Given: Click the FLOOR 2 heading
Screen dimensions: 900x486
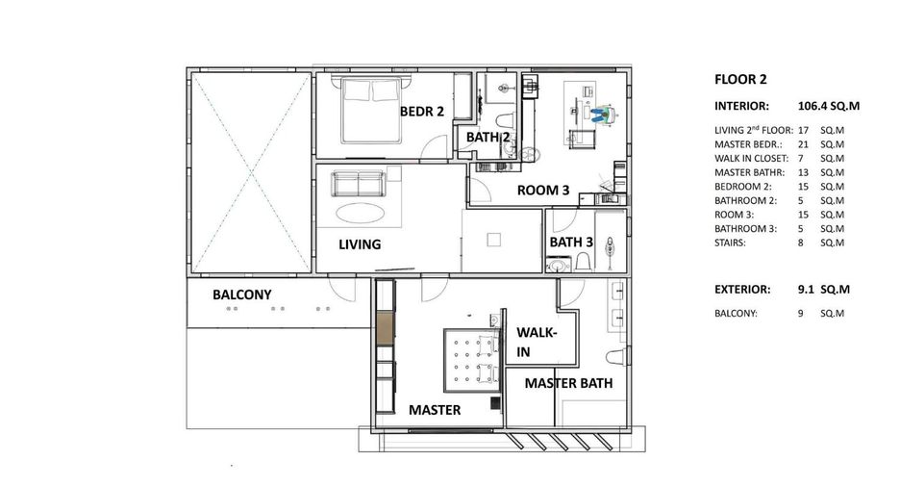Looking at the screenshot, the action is tap(740, 79).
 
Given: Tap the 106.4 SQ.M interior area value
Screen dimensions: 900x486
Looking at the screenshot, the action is tap(828, 106).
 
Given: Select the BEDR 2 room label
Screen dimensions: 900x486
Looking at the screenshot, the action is tap(422, 112).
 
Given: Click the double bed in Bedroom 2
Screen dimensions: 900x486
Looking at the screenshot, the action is tap(371, 111).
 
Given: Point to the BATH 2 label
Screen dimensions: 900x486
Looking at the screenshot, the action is tap(487, 138).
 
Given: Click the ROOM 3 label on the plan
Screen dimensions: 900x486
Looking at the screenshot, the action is tap(543, 191).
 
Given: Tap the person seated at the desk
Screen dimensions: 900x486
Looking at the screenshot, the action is tap(600, 115).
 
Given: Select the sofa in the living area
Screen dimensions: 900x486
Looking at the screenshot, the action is tap(359, 183).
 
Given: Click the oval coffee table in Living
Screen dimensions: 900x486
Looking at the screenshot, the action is tap(360, 213).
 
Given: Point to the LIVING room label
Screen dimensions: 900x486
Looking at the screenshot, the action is tap(360, 244).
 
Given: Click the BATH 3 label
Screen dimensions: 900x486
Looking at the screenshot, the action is tap(571, 243).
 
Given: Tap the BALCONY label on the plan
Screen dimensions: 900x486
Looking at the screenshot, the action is tap(241, 294).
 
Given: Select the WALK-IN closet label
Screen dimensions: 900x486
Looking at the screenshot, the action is tap(537, 342).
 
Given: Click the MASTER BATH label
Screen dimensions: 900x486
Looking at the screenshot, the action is tap(568, 383).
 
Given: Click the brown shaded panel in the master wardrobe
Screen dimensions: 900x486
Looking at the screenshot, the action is tap(386, 327).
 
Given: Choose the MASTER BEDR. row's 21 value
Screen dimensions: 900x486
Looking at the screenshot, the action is tap(803, 144).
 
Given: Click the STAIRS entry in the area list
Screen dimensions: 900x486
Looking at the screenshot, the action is tap(730, 243).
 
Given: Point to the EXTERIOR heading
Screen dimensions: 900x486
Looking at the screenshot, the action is tap(742, 290).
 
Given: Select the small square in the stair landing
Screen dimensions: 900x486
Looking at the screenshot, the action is tap(493, 240).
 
